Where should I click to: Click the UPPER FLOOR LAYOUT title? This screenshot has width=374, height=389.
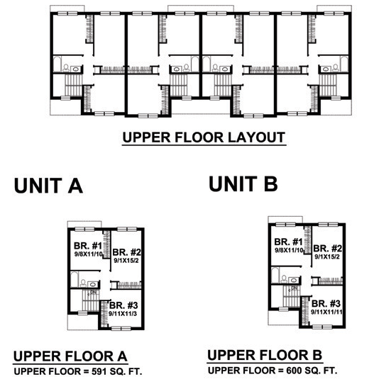click(204, 137)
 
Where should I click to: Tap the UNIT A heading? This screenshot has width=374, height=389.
click(48, 186)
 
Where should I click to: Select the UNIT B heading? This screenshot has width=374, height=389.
click(243, 184)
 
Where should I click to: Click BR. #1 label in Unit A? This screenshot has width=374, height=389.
click(88, 246)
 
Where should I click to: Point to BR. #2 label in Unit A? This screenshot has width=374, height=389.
click(127, 252)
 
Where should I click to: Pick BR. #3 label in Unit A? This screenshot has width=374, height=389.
click(123, 305)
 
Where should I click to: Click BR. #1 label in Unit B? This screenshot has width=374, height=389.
click(289, 242)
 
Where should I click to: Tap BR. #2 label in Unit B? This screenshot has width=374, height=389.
click(328, 248)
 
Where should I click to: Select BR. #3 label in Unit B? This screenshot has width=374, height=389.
click(326, 304)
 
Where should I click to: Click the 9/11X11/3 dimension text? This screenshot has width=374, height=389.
click(123, 314)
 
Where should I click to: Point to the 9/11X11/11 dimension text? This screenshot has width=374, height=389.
click(326, 312)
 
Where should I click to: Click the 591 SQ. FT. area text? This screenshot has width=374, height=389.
click(117, 371)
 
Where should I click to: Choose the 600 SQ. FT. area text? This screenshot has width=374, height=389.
click(312, 371)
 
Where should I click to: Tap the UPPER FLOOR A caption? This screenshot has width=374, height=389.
click(70, 356)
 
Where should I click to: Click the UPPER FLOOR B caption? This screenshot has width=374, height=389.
click(265, 355)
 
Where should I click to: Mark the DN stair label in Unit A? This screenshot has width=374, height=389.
click(93, 293)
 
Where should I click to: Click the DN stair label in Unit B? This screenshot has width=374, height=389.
click(294, 288)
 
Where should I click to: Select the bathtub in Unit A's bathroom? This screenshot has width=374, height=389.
click(75, 280)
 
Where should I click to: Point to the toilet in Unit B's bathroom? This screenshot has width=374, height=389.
click(284, 279)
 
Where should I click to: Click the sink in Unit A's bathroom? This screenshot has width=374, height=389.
click(93, 284)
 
